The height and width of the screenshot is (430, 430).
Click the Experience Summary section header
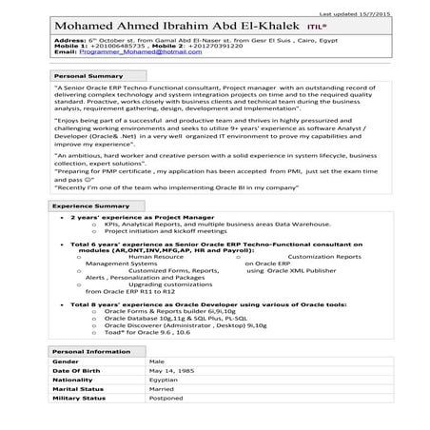click(x=90, y=205)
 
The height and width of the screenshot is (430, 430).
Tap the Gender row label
click(x=66, y=362)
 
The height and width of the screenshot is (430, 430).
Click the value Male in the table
click(x=157, y=362)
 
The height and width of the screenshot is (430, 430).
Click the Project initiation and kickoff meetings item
click(x=165, y=231)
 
